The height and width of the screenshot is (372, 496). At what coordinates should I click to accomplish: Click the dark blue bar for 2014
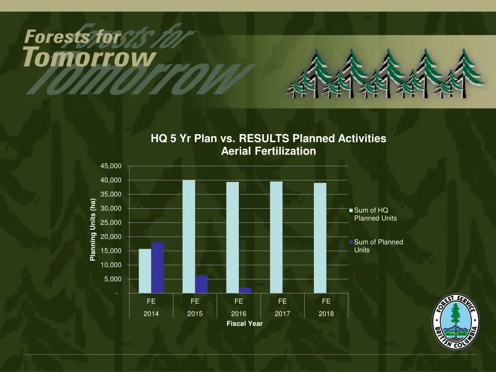pos(157,268)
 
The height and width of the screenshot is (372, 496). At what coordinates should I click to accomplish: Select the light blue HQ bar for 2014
pos(145,271)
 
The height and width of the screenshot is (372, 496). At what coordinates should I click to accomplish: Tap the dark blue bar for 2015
pos(201,284)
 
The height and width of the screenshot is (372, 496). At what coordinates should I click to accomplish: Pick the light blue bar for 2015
pos(188,236)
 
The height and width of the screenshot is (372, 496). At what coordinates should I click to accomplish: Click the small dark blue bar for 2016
pos(245,291)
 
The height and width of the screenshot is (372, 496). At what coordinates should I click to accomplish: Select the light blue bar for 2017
pos(276,237)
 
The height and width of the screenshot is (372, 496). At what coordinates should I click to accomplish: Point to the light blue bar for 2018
pos(320,238)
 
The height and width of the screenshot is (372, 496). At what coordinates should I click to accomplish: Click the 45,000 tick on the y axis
pos(111,166)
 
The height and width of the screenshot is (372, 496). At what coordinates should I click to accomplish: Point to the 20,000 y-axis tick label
pos(111,237)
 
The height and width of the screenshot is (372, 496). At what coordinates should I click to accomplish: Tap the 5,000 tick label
pos(112,279)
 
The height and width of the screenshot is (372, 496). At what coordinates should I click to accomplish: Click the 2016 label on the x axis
pos(239,314)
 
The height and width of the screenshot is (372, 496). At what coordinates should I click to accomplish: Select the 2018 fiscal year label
pos(326,314)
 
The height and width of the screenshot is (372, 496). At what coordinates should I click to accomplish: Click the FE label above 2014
pos(151,301)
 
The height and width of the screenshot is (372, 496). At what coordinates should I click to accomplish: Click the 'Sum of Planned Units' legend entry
pos(378,246)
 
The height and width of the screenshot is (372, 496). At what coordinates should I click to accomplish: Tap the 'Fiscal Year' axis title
pos(245,324)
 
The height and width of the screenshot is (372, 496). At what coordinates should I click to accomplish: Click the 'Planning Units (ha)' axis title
pos(93,230)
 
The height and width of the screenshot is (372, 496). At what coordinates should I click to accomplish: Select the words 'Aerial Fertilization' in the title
pos(268,151)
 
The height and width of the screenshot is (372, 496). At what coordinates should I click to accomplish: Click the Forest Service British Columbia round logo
pos(455,321)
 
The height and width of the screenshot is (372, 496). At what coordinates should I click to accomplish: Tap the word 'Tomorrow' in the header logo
pos(90,58)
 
